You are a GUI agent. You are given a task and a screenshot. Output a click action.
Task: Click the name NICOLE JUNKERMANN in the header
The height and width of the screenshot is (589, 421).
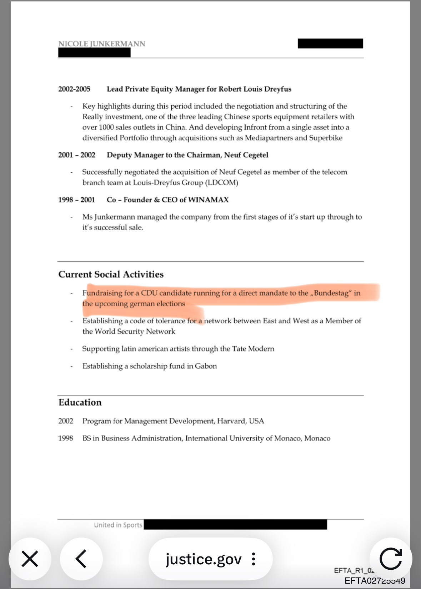(102, 44)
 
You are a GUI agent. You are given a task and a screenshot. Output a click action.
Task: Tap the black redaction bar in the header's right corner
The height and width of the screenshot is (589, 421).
(330, 44)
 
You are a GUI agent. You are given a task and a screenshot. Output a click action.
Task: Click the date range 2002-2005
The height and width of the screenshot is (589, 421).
(74, 89)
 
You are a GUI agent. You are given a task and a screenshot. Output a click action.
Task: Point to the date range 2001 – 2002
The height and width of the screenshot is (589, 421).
(77, 155)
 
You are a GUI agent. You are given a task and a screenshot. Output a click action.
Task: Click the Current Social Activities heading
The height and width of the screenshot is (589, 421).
(111, 274)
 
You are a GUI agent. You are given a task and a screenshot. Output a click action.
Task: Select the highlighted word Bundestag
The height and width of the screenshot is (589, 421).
(331, 293)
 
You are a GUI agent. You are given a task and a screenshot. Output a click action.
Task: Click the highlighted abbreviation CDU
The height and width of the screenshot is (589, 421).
(149, 293)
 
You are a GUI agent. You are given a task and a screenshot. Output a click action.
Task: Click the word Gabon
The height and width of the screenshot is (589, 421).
(206, 366)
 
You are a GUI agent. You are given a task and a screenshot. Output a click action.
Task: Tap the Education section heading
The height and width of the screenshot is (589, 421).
(80, 402)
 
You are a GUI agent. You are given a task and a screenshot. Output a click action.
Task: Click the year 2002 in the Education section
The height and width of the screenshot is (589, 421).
(66, 421)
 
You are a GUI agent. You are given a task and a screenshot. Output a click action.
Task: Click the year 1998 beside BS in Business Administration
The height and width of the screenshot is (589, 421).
(66, 438)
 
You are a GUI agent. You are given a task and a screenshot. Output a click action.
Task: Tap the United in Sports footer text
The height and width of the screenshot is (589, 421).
(118, 525)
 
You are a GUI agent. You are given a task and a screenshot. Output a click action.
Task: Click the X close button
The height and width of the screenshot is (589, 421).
(30, 559)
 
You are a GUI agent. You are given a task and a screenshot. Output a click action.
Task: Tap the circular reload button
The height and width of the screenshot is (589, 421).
(391, 559)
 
